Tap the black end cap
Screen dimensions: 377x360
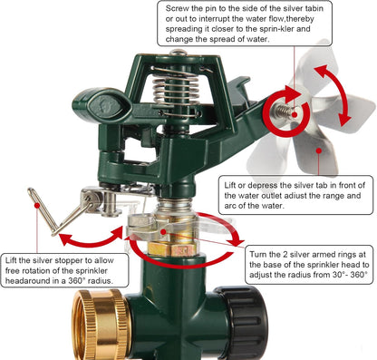coord(242,323)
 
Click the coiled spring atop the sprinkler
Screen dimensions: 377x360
coord(177,91)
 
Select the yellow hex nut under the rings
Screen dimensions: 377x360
coord(171,249)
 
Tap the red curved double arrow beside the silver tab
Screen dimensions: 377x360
coord(333,95)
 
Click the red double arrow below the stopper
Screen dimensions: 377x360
coord(92,238)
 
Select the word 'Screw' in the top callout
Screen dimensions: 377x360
coord(178,8)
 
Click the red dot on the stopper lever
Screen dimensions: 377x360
coord(37,205)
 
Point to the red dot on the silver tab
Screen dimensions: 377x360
coord(319,151)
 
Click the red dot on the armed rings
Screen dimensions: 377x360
coord(163,232)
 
